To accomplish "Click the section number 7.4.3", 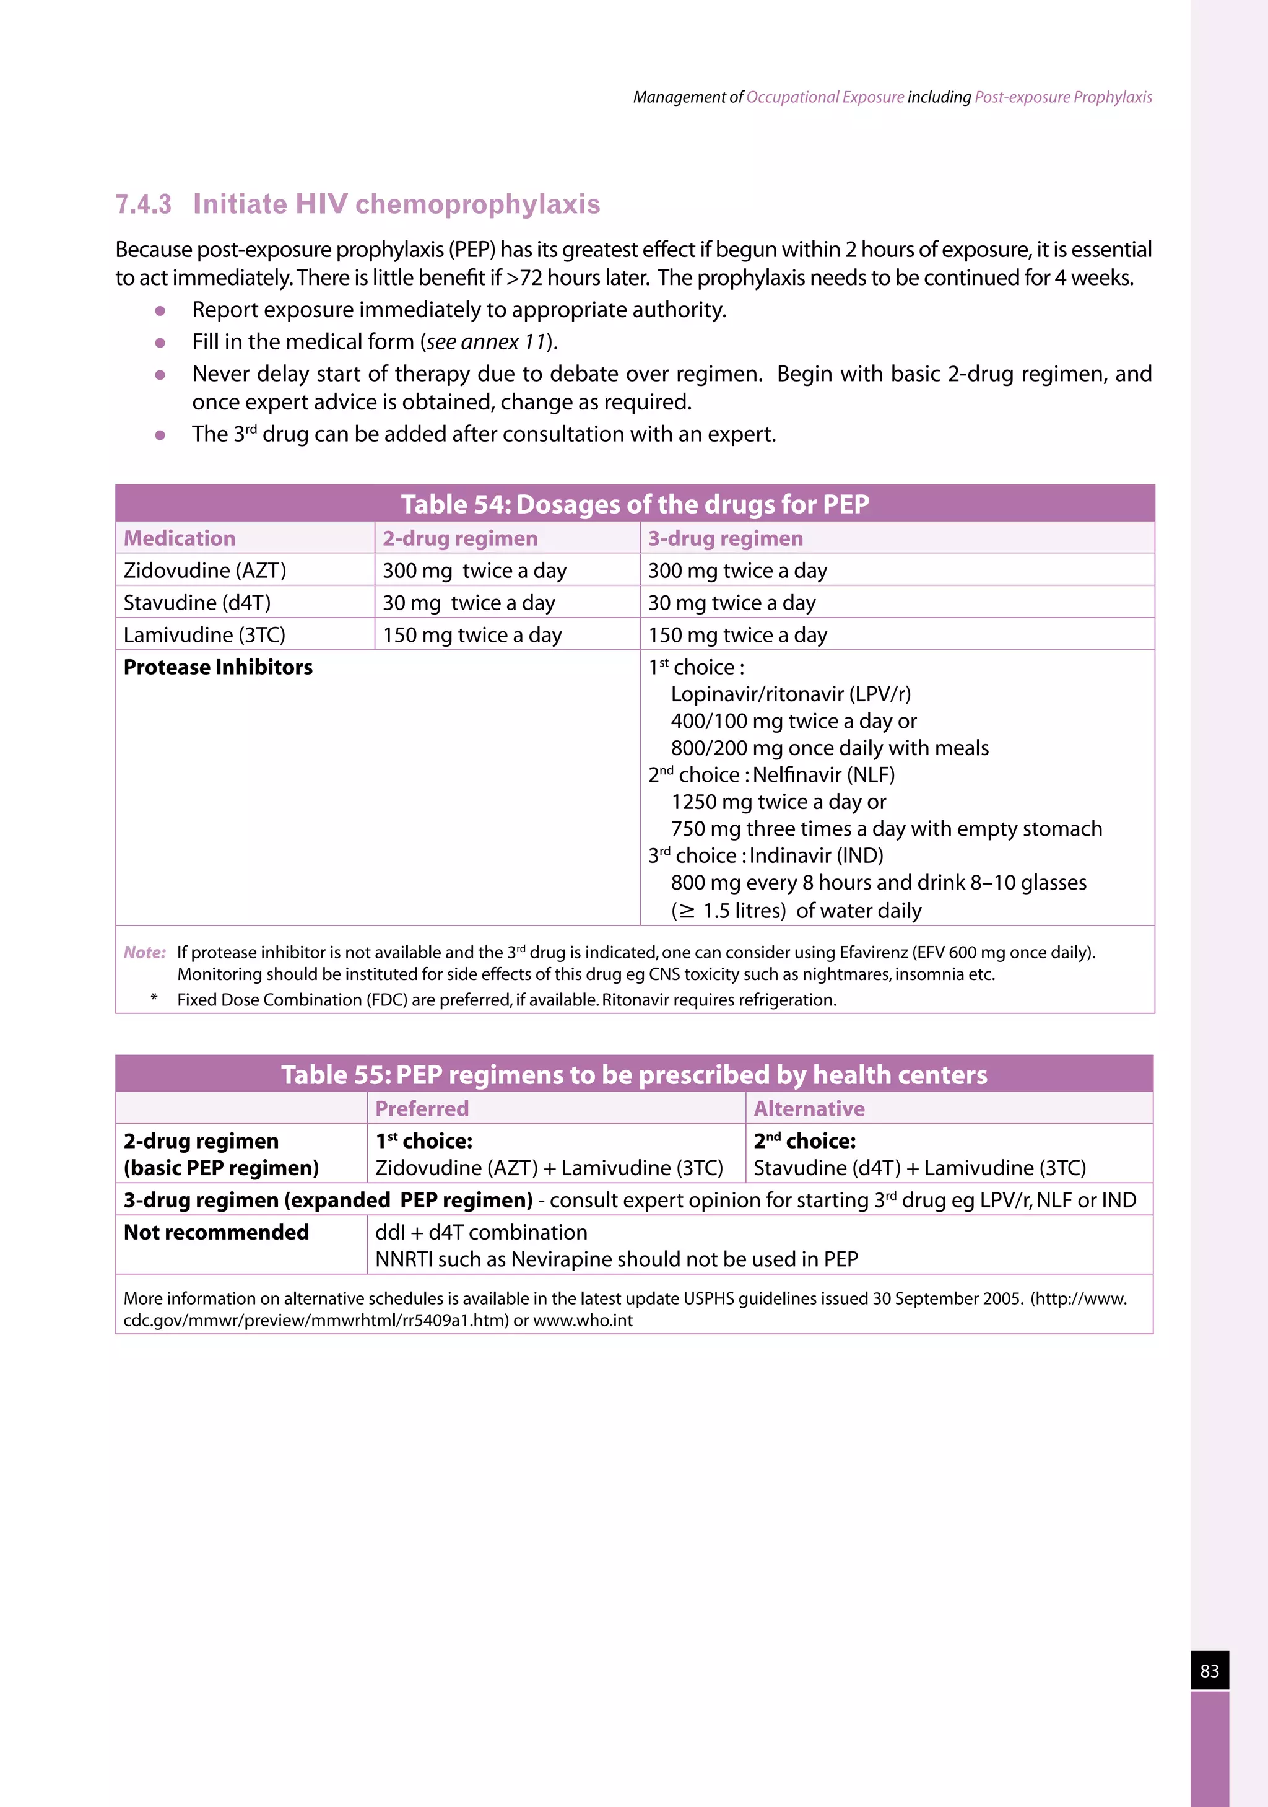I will pos(143,204).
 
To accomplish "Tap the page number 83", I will pos(1209,1671).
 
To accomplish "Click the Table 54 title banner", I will pos(634,504).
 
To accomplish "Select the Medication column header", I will pos(180,538).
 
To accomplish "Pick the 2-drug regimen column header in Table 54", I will pos(460,538).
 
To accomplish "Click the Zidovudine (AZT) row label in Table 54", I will pos(204,571).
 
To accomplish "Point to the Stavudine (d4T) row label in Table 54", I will pos(197,603).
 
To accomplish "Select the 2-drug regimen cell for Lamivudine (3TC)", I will pos(472,635).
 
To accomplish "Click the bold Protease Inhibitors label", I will pos(218,667).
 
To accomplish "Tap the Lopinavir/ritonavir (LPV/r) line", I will pos(791,694).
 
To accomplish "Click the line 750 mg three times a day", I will pos(886,829).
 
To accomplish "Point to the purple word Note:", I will pos(145,952).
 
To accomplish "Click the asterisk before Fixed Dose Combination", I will pos(154,998).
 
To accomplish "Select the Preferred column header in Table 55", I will pos(422,1109).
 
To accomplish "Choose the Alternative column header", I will pos(809,1109).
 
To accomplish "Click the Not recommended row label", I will pos(216,1233).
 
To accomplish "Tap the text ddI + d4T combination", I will pos(480,1233).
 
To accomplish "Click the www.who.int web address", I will pos(582,1321).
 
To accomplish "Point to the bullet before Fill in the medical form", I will pos(160,343).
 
